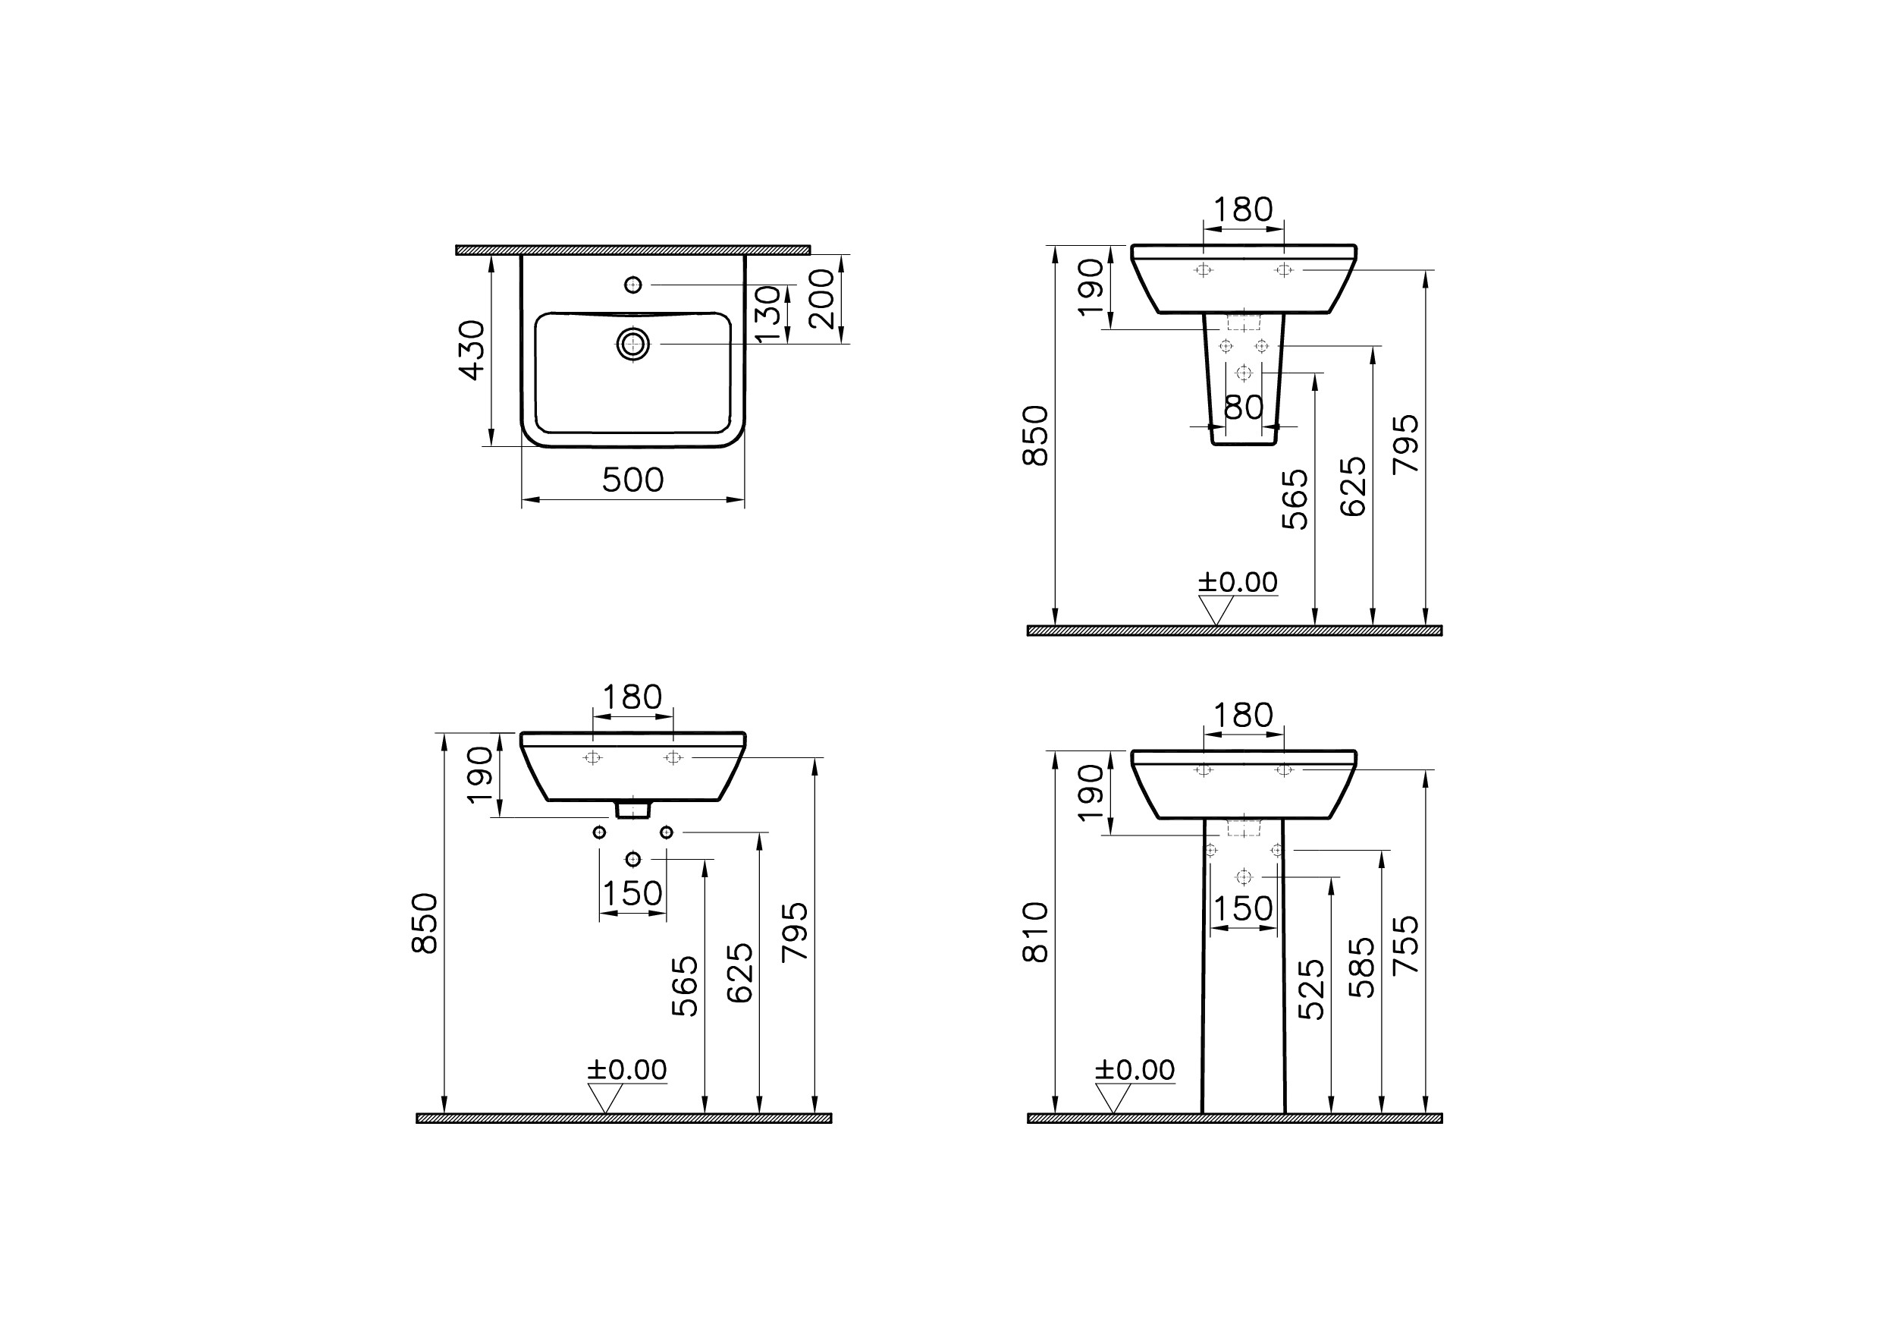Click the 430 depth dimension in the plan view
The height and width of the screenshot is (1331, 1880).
coord(472,350)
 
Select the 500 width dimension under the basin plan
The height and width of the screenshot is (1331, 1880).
coord(632,480)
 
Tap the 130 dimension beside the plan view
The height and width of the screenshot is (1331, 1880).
coord(767,314)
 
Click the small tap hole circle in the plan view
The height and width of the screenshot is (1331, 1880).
coord(632,285)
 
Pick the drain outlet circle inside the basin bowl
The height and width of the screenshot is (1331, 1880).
coord(632,344)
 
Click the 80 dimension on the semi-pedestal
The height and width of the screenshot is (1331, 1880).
coord(1244,407)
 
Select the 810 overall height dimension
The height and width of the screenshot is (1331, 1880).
coord(1036,931)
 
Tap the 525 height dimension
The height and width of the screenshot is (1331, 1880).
coord(1311,990)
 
